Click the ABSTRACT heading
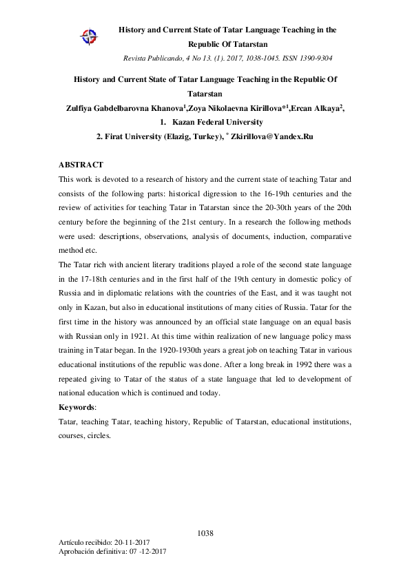click(81, 165)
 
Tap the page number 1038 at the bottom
click(205, 534)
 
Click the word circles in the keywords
click(101, 436)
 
